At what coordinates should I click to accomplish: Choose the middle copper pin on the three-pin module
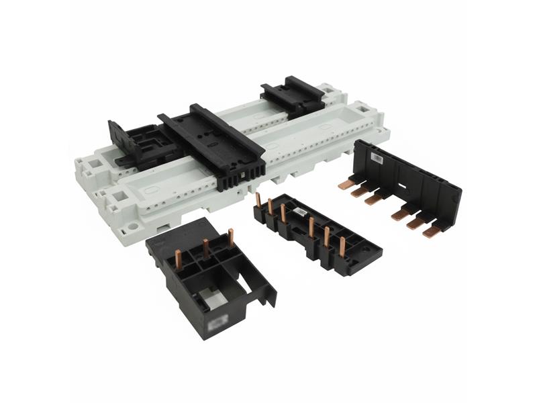coord(205,248)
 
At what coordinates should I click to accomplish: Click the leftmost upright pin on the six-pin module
coord(258,201)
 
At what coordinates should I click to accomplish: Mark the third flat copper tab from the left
coord(373,199)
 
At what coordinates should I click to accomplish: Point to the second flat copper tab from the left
coord(359,191)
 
